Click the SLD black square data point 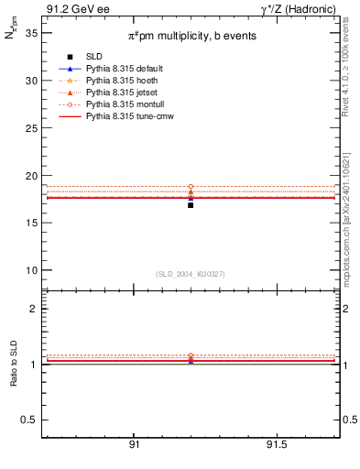191,205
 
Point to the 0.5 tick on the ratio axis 30,420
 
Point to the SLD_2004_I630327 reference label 191,274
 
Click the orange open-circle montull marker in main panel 191,187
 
